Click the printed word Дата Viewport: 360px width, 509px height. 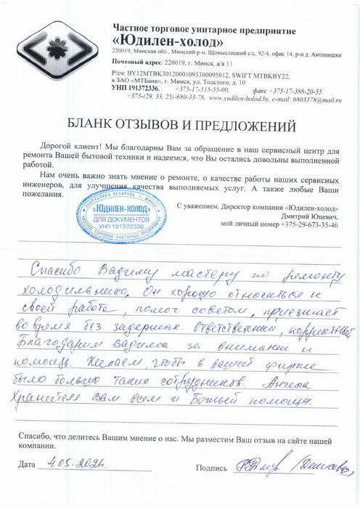(x=27, y=463)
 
